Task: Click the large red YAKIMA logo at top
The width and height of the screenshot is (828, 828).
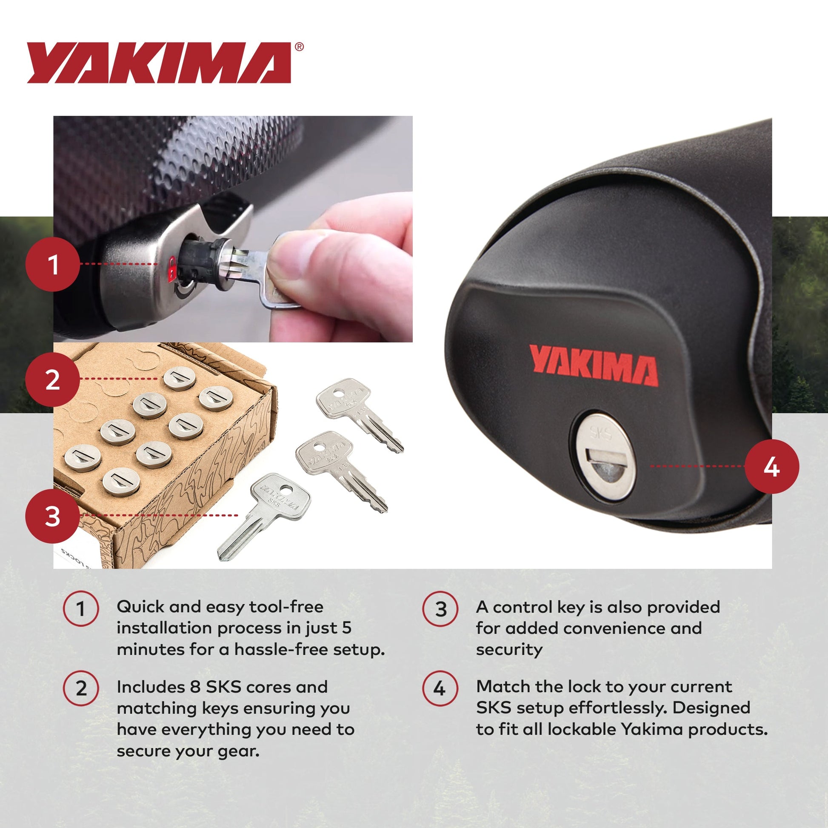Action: pos(159,63)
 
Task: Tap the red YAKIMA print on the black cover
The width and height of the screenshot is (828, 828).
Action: pos(594,365)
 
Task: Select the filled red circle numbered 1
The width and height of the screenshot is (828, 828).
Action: pos(53,264)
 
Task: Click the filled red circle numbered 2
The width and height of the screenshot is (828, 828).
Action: pos(53,380)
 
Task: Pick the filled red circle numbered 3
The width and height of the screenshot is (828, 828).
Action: pos(53,516)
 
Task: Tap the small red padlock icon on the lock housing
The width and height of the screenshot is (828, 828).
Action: pos(172,269)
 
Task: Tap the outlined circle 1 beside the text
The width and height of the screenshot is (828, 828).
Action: pos(81,608)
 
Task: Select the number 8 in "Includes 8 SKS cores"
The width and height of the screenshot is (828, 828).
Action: pos(194,687)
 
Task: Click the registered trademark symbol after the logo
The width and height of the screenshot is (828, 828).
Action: pos(300,47)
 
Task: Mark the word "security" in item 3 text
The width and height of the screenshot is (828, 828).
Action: pos(509,650)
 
